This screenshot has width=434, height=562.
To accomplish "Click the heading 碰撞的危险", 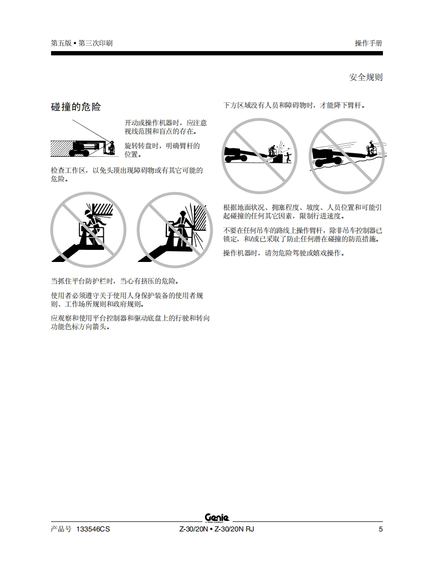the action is pyautogui.click(x=76, y=107).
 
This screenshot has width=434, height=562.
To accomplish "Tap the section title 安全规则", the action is pyautogui.click(x=365, y=78).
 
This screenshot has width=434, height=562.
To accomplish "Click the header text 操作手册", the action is pyautogui.click(x=368, y=43).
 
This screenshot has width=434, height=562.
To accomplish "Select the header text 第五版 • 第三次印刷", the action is pyautogui.click(x=81, y=43).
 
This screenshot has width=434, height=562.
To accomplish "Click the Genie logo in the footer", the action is pyautogui.click(x=217, y=518).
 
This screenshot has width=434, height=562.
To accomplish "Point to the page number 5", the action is pyautogui.click(x=380, y=529).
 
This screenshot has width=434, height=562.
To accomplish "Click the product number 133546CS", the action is pyautogui.click(x=93, y=529).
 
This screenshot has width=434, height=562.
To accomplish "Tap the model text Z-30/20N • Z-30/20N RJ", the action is pyautogui.click(x=216, y=529).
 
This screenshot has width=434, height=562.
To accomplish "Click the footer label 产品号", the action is pyautogui.click(x=61, y=529).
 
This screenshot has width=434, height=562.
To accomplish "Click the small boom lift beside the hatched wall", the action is pyautogui.click(x=94, y=148).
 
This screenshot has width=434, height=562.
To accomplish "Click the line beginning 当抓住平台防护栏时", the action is pyautogui.click(x=115, y=282).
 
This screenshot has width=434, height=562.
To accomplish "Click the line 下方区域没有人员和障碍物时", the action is pyautogui.click(x=294, y=105).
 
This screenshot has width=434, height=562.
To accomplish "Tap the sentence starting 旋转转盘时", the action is pyautogui.click(x=162, y=150).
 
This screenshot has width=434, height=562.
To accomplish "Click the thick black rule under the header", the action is pyautogui.click(x=216, y=54).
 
